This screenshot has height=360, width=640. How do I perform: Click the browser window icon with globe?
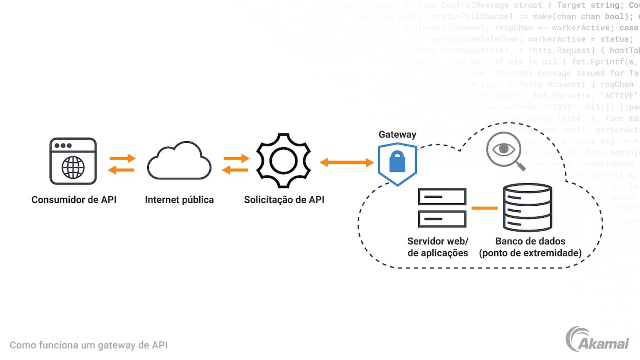point(73,161)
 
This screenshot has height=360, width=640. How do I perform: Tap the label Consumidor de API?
point(74,200)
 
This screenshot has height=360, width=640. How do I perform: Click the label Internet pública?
point(179,200)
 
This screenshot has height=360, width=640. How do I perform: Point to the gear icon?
point(284,161)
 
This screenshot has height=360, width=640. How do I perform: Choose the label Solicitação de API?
point(284,200)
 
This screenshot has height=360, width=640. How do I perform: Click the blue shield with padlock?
point(397,164)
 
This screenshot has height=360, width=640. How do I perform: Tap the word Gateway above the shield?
point(397,134)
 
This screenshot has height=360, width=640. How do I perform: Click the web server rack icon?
point(442,208)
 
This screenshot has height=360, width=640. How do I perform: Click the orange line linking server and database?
point(484,208)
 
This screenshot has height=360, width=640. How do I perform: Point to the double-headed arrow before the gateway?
point(347,163)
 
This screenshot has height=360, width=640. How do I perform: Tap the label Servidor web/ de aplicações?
point(438,247)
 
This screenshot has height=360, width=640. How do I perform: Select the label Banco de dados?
point(530,241)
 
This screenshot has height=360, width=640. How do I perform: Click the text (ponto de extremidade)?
point(530,253)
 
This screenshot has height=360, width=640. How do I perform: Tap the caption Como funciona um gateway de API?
point(88,345)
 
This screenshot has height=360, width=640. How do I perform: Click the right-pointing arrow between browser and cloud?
point(123,158)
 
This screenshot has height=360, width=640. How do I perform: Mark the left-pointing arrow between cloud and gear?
point(236,169)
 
